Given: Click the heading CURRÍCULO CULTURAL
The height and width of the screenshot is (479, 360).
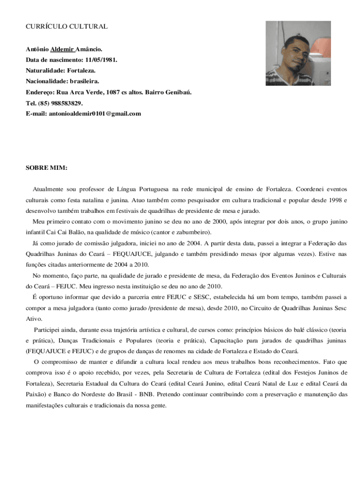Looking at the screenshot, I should [66, 27].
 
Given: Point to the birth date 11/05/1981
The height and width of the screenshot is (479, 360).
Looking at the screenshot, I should [101, 60].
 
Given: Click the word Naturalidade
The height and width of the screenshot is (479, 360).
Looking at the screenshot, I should [45, 71].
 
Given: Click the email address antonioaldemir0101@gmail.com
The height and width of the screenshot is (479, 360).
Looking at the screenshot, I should [95, 114].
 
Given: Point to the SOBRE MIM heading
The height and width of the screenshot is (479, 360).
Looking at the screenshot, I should [46, 167].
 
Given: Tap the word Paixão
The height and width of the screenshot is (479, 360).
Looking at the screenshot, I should [34, 394].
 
